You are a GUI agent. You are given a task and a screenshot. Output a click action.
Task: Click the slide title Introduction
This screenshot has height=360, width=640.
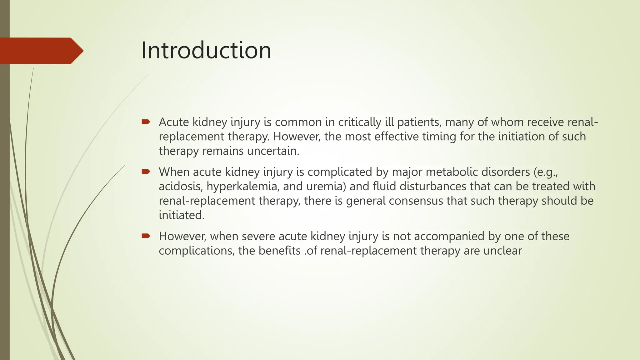(206, 51)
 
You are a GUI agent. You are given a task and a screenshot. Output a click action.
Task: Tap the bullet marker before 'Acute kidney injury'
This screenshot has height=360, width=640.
(146, 122)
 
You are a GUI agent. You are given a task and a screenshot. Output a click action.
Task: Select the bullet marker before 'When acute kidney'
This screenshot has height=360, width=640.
(146, 171)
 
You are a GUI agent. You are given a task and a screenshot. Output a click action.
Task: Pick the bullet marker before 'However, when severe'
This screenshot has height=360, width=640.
(146, 236)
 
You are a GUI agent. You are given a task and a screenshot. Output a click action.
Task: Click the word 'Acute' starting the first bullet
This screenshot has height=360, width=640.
(174, 122)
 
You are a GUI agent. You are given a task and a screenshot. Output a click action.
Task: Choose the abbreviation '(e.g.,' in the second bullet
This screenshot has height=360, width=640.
(546, 172)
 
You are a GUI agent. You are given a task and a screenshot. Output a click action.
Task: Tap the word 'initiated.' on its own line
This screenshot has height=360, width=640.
(182, 215)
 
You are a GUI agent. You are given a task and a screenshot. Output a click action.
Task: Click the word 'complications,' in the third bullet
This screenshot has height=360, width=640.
(197, 251)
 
